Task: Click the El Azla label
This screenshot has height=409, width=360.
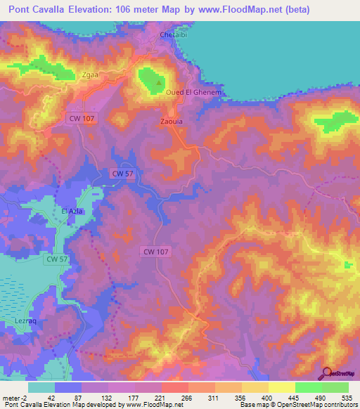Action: tap(73, 212)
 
